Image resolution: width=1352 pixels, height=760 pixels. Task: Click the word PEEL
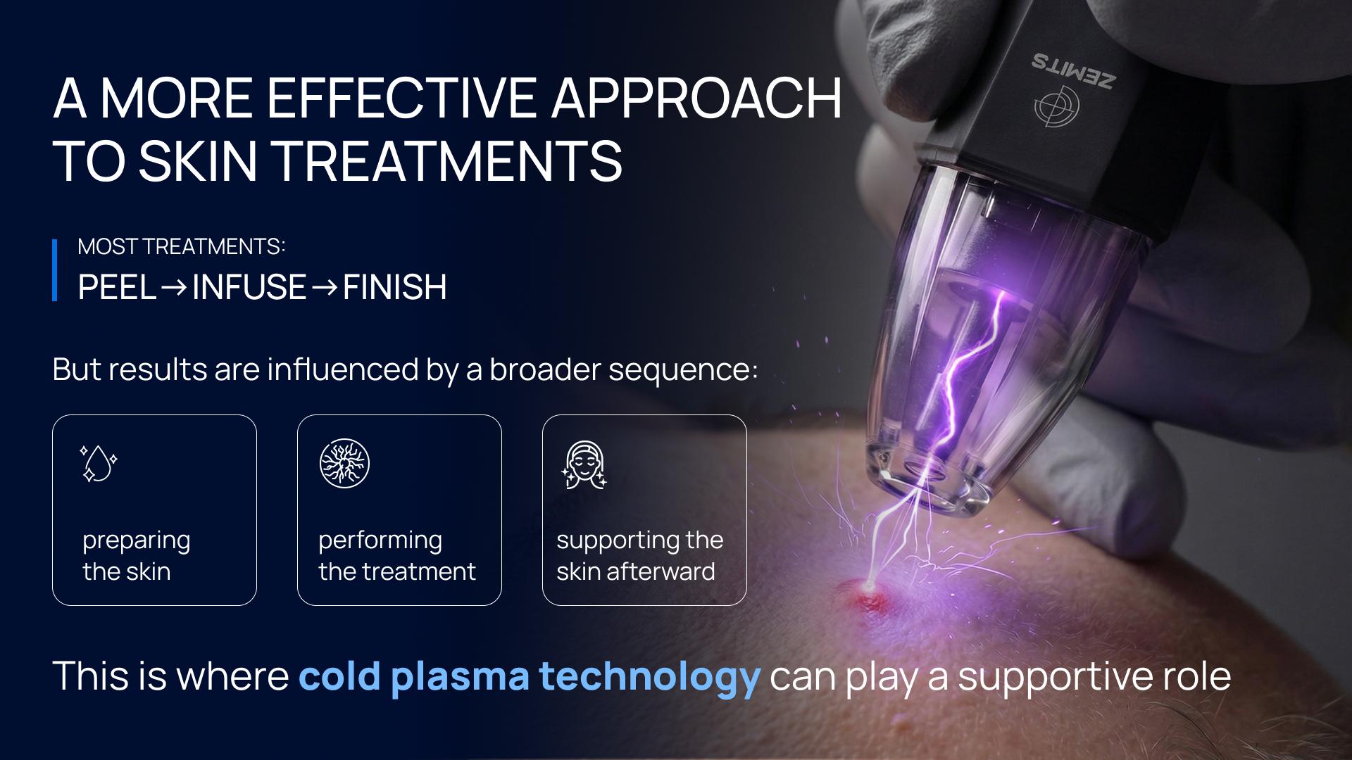117,287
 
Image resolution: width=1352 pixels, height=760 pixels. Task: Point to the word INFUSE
249,287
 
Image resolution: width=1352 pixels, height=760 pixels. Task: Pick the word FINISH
394,287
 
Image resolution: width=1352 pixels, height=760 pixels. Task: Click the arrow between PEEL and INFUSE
174,288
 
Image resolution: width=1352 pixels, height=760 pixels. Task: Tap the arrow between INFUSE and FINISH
324,288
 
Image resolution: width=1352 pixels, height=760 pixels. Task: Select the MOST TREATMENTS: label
182,246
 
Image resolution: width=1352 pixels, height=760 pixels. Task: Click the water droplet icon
98,463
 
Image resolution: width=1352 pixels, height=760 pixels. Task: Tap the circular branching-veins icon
344,463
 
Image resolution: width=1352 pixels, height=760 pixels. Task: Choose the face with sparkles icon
584,464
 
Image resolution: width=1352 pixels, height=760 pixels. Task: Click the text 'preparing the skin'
137,556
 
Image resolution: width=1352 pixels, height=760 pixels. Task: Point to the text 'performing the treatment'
397,556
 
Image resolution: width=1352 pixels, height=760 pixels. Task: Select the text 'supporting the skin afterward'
639,556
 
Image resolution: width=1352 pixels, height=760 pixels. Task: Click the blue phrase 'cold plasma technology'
530,676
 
